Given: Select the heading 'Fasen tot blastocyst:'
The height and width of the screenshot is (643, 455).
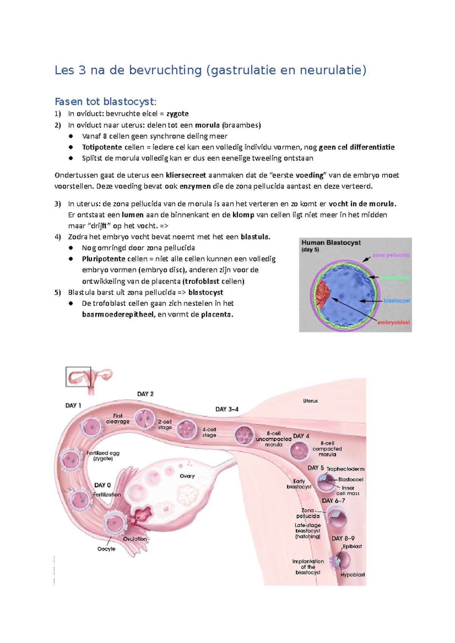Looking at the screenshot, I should point(105,101).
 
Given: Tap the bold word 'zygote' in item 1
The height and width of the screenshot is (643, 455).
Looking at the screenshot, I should point(177,114).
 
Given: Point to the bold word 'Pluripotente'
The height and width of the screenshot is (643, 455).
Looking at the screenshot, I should point(104,259).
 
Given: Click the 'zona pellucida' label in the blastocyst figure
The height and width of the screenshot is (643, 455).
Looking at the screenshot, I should point(391,255).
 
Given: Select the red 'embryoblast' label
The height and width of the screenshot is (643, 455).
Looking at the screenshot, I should point(394,322).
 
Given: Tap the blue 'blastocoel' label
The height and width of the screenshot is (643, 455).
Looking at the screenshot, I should point(397,301).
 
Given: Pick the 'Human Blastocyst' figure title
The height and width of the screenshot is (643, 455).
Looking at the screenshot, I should point(331,243).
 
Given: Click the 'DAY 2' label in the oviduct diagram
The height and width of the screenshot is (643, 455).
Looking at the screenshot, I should point(145,394).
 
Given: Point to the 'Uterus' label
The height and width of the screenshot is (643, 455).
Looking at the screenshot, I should point(310,401).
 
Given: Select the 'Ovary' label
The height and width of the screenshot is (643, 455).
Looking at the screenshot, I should point(187,476).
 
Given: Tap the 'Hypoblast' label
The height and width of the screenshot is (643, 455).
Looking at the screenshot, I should point(352,574).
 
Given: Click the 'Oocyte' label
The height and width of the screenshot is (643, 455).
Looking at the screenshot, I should point(106,549).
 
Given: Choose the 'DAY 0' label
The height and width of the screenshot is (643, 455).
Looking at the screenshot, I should point(102,485).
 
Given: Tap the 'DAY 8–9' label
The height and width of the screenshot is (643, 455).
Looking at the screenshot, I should point(343,538).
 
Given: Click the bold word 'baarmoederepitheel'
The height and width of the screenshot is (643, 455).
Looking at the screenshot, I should point(118,314).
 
